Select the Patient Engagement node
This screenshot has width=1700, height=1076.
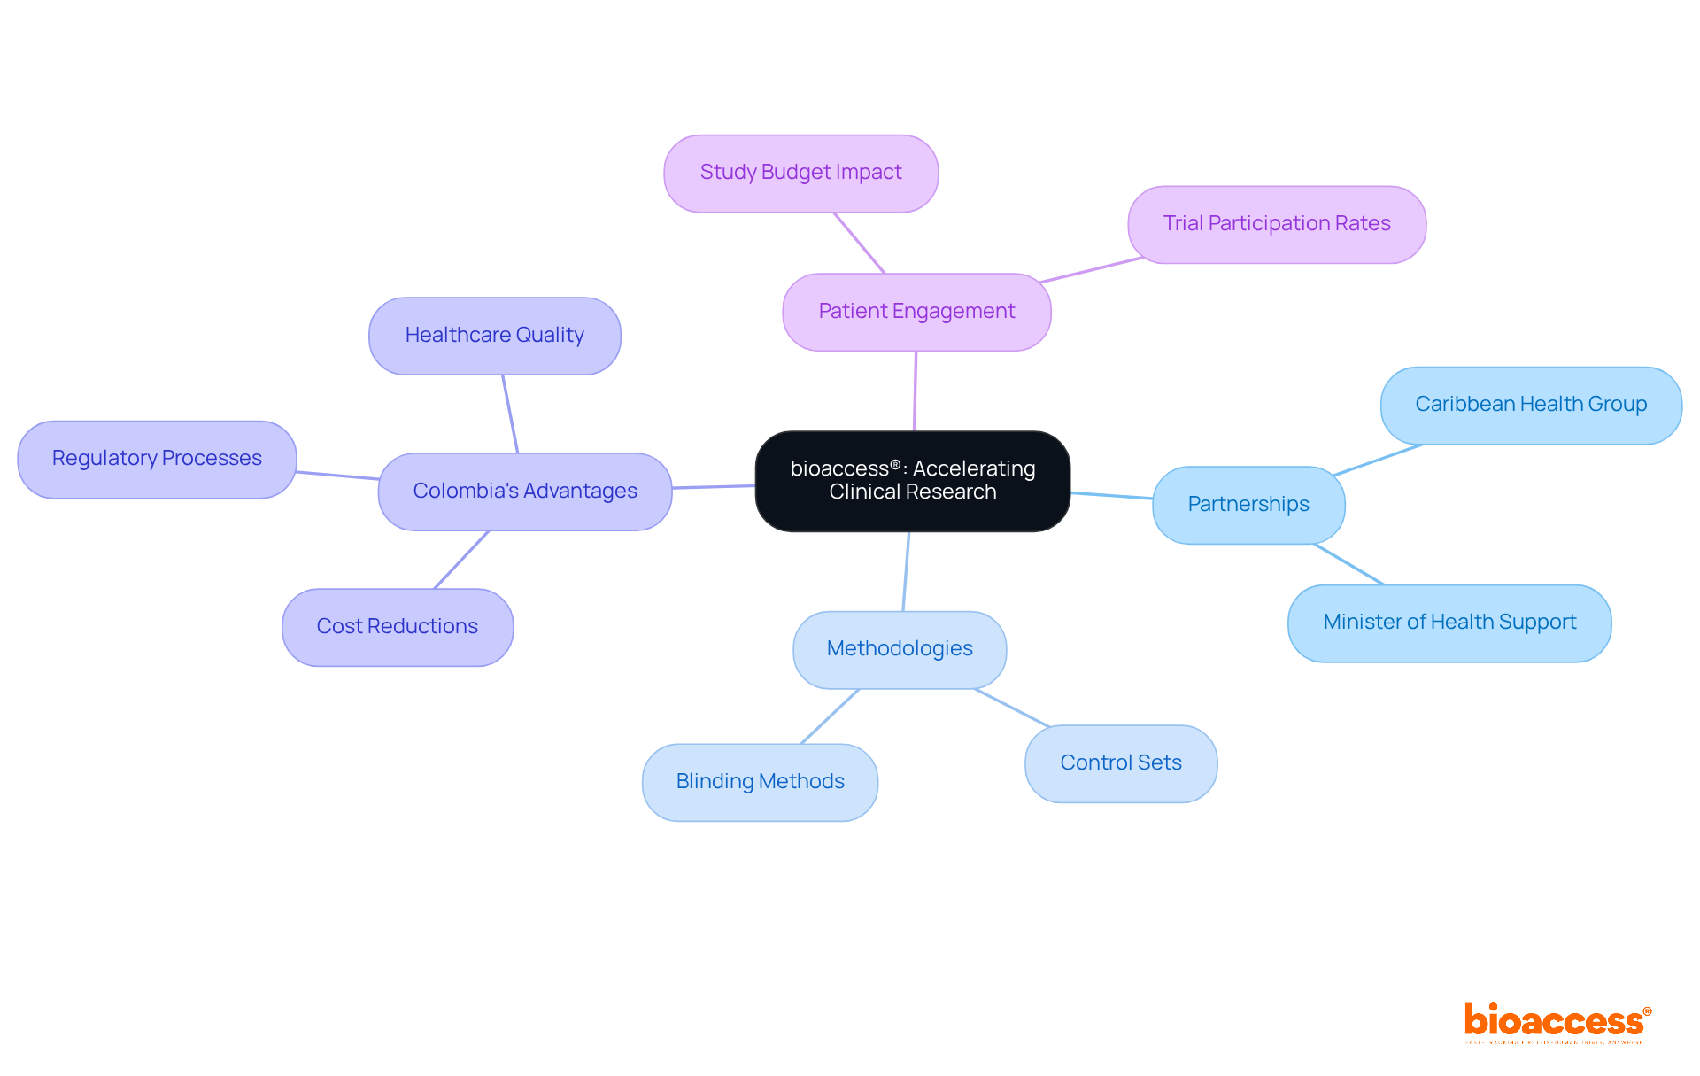pyautogui.click(x=916, y=312)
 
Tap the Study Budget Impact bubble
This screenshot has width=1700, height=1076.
pyautogui.click(x=800, y=173)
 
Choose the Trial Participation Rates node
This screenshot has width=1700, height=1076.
pyautogui.click(x=1276, y=224)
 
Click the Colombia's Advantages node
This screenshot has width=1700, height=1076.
pyautogui.click(x=524, y=492)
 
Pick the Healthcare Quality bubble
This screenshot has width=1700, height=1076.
pyautogui.click(x=494, y=336)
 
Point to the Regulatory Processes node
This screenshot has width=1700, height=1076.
pyautogui.click(x=157, y=459)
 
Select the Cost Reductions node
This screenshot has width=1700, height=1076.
pyautogui.click(x=397, y=627)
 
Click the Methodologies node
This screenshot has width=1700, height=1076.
pyautogui.click(x=899, y=649)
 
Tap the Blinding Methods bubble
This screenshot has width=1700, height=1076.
pyautogui.click(x=760, y=782)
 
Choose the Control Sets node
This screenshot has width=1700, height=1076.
pyautogui.click(x=1120, y=763)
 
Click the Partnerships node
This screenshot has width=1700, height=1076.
pyautogui.click(x=1248, y=505)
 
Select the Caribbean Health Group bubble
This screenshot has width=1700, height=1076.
pyautogui.click(x=1530, y=405)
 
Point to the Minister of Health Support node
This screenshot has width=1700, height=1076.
pyautogui.click(x=1449, y=623)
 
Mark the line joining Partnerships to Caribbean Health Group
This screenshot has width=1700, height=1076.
pyautogui.click(x=1378, y=461)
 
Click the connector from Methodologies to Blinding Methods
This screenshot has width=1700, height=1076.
pyautogui.click(x=830, y=716)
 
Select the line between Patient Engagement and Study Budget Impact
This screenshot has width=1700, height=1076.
pyautogui.click(x=859, y=243)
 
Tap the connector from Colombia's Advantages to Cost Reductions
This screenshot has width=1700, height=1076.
pyautogui.click(x=461, y=560)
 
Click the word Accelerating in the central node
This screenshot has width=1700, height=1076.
pyautogui.click(x=973, y=468)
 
